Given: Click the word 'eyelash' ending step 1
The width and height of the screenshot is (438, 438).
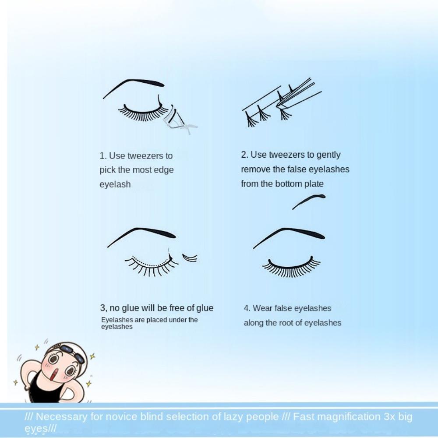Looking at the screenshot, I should [115, 184].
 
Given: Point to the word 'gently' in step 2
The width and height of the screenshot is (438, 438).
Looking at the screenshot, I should [328, 155].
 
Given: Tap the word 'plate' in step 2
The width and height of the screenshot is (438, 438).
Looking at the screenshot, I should [313, 184].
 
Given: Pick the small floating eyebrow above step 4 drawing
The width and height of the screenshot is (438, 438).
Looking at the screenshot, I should [309, 201].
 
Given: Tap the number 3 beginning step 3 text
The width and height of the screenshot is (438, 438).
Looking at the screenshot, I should [103, 308].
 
